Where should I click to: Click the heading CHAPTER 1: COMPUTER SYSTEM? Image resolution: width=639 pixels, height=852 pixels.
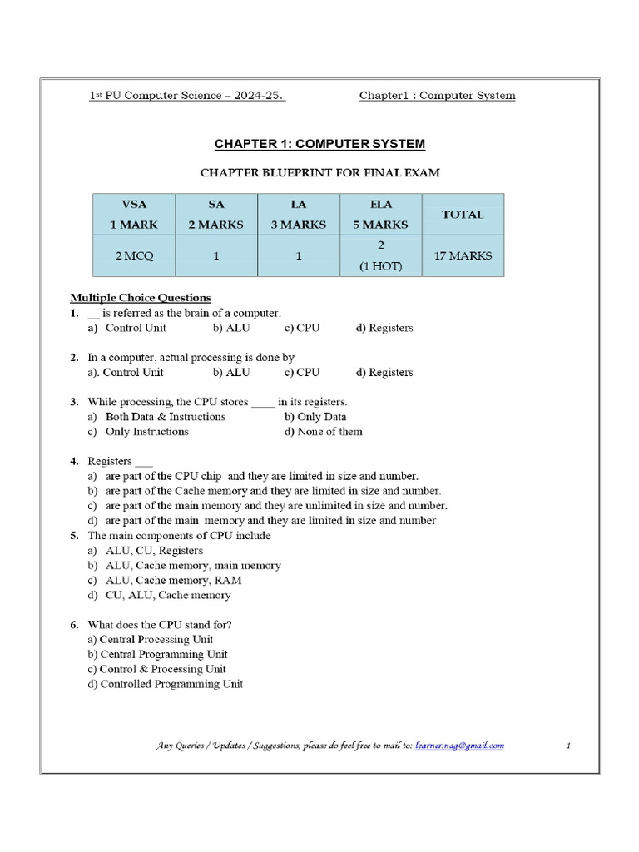coord(319,144)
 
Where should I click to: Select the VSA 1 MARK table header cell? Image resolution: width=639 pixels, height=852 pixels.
coord(133,214)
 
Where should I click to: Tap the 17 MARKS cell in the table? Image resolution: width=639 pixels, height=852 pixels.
coord(463,256)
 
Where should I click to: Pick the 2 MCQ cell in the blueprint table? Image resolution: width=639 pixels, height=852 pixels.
coord(133,256)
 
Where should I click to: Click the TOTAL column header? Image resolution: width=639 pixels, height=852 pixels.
coord(463,214)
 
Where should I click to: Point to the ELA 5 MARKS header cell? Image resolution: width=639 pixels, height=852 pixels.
coord(380,214)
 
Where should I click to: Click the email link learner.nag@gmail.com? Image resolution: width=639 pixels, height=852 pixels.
coord(459,745)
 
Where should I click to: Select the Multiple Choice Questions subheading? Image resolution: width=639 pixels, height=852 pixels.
coord(140,298)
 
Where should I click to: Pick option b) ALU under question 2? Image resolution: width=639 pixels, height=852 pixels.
coord(230,373)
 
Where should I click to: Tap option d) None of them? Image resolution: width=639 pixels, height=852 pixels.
coord(323,432)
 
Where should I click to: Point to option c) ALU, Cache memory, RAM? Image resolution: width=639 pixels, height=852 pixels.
coord(164,581)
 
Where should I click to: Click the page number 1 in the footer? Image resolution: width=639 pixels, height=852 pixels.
coord(567,745)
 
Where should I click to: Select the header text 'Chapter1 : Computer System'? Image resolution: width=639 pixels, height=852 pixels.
coord(437,96)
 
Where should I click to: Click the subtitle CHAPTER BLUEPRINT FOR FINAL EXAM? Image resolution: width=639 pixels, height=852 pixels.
coord(319,173)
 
